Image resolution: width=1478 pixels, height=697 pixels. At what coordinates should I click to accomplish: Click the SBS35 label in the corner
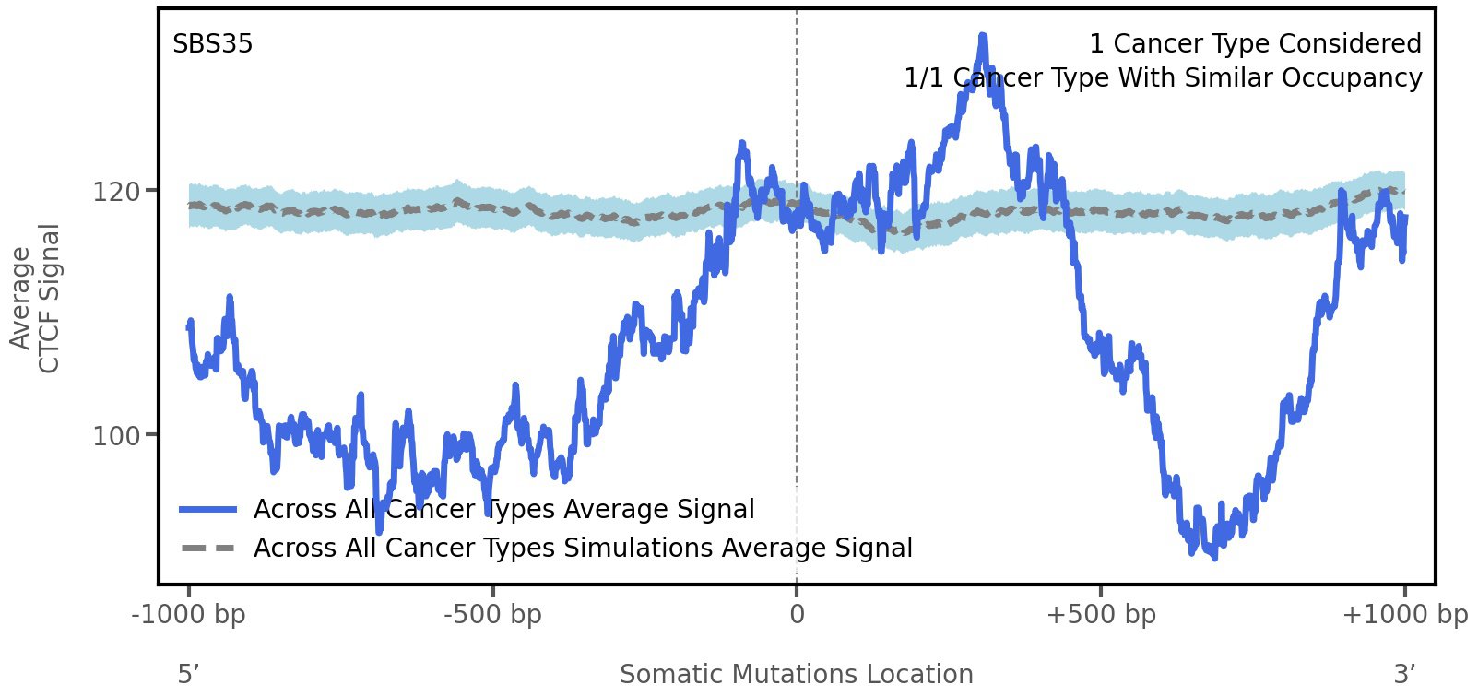(212, 44)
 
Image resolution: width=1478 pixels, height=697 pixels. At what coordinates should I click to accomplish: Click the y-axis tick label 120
(116, 192)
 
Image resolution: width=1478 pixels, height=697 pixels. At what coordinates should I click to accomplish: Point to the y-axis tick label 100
(116, 435)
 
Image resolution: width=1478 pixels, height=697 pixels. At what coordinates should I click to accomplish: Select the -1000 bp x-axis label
(189, 615)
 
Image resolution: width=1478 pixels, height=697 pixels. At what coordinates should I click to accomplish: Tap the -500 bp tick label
(492, 615)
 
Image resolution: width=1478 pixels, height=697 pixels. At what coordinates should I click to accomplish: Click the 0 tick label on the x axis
(797, 615)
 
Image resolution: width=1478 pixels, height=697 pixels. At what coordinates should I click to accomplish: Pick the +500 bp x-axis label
(1101, 615)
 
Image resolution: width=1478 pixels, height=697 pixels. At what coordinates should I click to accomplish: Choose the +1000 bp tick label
(1404, 615)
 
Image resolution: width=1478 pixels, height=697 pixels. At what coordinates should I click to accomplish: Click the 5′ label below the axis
(189, 675)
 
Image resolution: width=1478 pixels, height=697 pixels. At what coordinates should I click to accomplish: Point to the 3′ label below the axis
(1404, 675)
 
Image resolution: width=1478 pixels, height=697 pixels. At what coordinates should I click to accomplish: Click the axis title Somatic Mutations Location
(797, 675)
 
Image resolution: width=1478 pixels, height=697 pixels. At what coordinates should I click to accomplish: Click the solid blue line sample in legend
(208, 510)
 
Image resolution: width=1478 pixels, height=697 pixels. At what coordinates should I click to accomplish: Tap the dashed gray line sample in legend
(208, 549)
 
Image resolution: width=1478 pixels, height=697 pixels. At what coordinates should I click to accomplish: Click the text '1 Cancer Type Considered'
(1255, 44)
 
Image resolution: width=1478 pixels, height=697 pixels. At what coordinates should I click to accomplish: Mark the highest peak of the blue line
(983, 37)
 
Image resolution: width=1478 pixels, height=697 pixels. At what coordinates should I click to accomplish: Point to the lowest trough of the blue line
(1214, 557)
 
